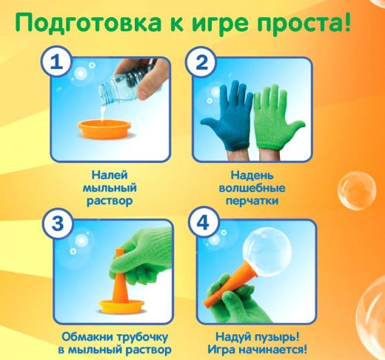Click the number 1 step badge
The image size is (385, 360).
[56, 61]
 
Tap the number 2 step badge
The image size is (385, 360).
[201, 61]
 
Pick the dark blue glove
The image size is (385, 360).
[227, 117]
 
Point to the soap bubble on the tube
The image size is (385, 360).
[267, 253]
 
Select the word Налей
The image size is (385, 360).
[110, 176]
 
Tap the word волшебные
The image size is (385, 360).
[252, 188]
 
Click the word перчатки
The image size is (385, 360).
[252, 201]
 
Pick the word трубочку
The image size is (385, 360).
[142, 337]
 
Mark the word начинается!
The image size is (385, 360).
[273, 350]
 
